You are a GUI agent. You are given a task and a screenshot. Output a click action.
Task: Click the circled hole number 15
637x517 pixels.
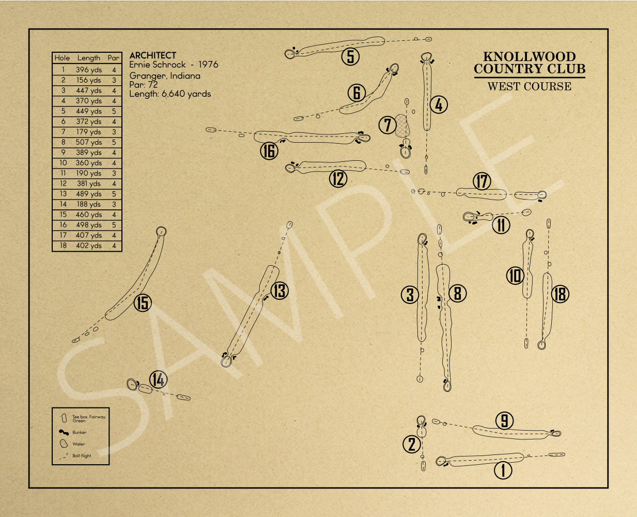[143, 303]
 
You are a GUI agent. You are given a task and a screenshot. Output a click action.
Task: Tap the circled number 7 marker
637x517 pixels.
[387, 125]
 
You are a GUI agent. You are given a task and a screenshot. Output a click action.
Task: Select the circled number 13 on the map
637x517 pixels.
[279, 291]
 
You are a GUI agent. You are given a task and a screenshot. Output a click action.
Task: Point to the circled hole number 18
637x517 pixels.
[560, 294]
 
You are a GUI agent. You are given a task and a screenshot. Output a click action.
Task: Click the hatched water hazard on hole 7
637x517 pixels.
[402, 126]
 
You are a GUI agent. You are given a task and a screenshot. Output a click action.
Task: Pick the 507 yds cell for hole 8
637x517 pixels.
[88, 142]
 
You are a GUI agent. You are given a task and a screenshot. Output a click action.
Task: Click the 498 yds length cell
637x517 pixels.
[88, 225]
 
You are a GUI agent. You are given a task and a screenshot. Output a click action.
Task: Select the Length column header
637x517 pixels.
[88, 58]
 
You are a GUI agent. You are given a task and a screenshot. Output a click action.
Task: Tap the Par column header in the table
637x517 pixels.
[114, 58]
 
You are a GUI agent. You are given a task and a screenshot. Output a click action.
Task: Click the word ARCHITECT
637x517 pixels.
[152, 55]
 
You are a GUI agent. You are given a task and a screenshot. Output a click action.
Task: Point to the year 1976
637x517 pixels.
[208, 65]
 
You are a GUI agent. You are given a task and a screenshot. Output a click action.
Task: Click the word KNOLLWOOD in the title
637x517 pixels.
[529, 56]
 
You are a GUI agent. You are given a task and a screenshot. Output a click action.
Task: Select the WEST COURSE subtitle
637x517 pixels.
[529, 86]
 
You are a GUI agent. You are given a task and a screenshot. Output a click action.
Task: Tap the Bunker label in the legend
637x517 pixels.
[80, 432]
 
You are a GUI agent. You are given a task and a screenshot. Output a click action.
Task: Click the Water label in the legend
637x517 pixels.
[79, 444]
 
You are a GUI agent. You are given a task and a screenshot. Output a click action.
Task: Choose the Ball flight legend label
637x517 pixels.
[82, 456]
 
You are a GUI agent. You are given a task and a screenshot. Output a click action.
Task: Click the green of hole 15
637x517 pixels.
[161, 231]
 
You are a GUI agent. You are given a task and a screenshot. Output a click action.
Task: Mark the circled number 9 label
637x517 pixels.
[505, 421]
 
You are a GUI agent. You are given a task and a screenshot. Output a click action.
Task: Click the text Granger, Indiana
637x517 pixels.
[164, 75]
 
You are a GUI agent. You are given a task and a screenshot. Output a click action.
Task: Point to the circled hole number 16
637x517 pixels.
[269, 151]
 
